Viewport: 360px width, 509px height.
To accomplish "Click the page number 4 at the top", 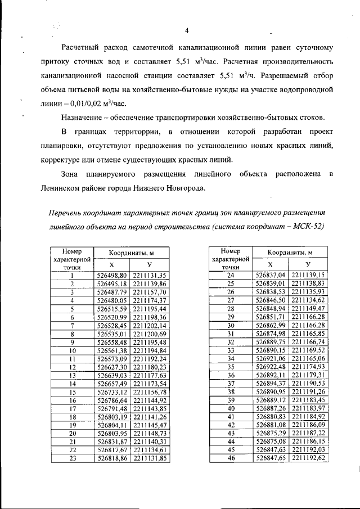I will click(186, 30).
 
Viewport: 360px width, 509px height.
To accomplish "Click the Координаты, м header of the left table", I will click(131, 253).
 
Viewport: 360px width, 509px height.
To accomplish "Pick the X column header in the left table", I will click(111, 265).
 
